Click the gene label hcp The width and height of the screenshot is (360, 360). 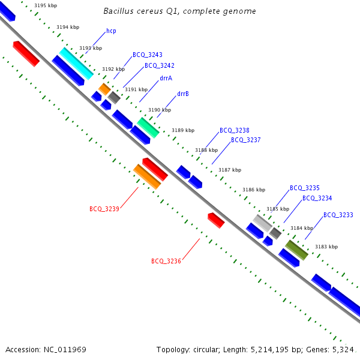pyautogui.click(x=111, y=31)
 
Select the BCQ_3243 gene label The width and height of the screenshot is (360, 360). pyautogui.click(x=148, y=55)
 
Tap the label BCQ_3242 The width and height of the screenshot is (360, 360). pyautogui.click(x=160, y=65)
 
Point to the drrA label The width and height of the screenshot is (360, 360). pyautogui.click(x=166, y=78)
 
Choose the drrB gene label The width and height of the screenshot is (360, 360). pyautogui.click(x=183, y=94)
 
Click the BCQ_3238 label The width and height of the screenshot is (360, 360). pyautogui.click(x=235, y=130)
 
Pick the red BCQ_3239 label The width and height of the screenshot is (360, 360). pyautogui.click(x=104, y=209)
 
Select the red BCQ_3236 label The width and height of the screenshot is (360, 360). pyautogui.click(x=166, y=261)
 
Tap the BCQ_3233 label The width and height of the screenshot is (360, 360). pyautogui.click(x=338, y=215)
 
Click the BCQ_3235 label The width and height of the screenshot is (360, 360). pyautogui.click(x=305, y=188)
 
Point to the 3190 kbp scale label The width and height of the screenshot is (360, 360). pyautogui.click(x=160, y=110)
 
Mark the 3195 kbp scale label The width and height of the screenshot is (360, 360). pyautogui.click(x=46, y=5)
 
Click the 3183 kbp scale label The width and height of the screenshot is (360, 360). pyautogui.click(x=326, y=247)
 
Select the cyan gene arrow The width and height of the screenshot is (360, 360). pyautogui.click(x=76, y=64)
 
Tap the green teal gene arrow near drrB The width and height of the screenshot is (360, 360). pyautogui.click(x=148, y=127)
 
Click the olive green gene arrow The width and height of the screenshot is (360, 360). pyautogui.click(x=296, y=250)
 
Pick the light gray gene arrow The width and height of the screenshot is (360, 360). pyautogui.click(x=262, y=223)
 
